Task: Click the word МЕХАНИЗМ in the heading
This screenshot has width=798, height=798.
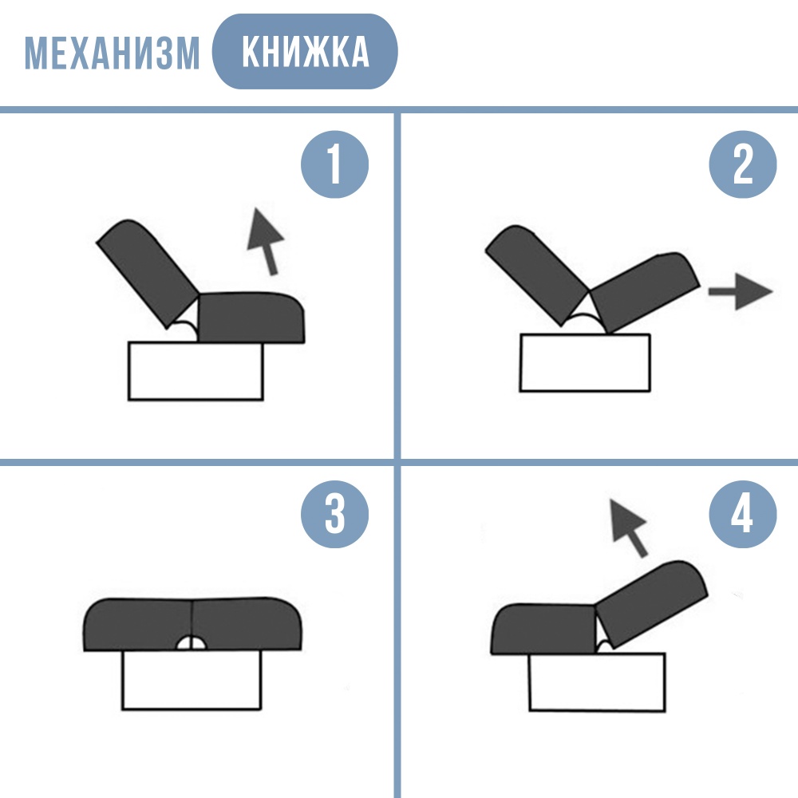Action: tap(112, 53)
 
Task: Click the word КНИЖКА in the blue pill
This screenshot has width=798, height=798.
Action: tap(306, 51)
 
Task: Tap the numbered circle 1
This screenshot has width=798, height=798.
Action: tap(334, 164)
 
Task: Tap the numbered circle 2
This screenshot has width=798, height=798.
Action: tap(742, 164)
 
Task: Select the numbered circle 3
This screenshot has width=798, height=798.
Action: tap(334, 514)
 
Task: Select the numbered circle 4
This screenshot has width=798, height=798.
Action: tap(742, 514)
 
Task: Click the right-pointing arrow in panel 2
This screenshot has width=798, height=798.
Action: tap(741, 291)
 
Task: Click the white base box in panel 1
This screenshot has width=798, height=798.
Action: tap(196, 371)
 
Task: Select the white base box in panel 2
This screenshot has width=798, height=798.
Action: tap(585, 362)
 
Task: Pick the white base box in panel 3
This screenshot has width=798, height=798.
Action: tap(192, 679)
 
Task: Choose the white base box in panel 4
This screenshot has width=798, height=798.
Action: tap(597, 682)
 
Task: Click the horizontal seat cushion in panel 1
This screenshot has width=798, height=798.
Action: tap(251, 317)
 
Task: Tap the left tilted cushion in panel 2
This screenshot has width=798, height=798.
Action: tap(537, 275)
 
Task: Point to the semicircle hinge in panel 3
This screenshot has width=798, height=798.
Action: tap(192, 642)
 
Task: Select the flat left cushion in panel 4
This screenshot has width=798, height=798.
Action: tap(543, 629)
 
